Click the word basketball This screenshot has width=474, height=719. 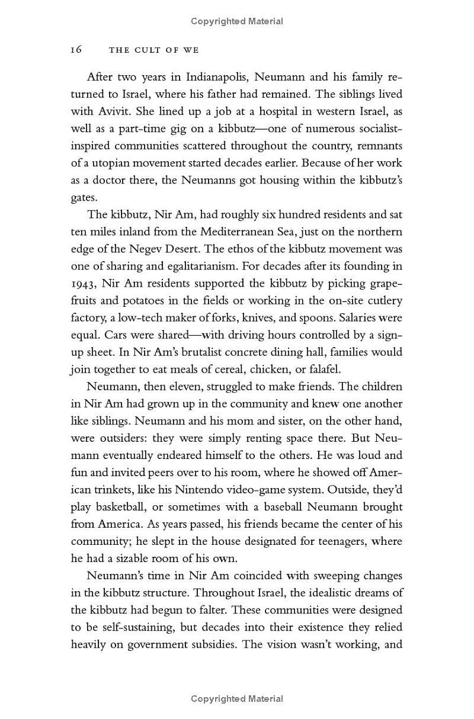(124, 507)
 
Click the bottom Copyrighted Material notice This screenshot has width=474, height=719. (237, 699)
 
